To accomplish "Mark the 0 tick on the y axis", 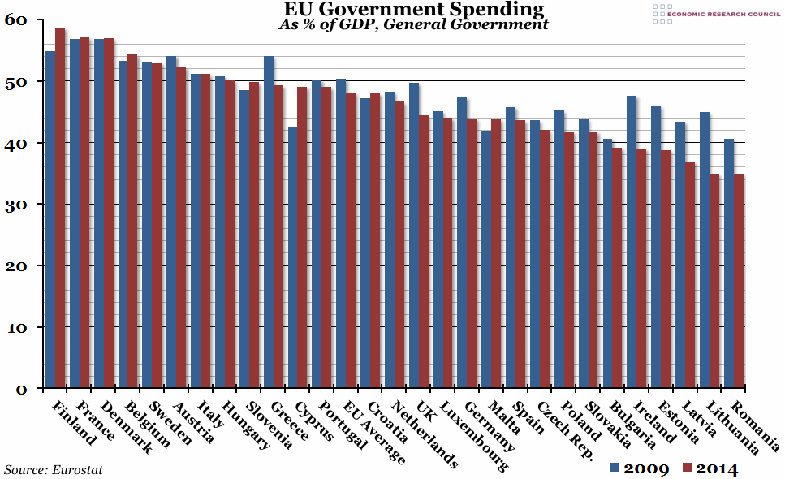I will pos(22,389).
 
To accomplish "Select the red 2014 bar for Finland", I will pos(60,208).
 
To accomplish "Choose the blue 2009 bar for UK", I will pos(414,235).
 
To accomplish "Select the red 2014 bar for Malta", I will pos(496,254).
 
